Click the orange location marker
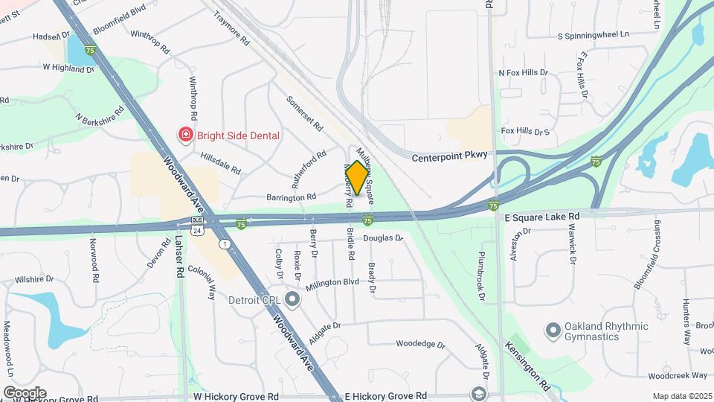click(358, 178)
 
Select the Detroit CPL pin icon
click(292, 300)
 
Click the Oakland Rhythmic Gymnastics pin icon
click(553, 328)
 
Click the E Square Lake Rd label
click(541, 217)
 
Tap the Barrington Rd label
click(292, 197)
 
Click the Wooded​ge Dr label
click(420, 345)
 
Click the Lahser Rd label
click(179, 257)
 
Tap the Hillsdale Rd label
click(221, 164)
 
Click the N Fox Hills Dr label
click(523, 73)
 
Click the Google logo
click(25, 393)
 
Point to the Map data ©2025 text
click(681, 396)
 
